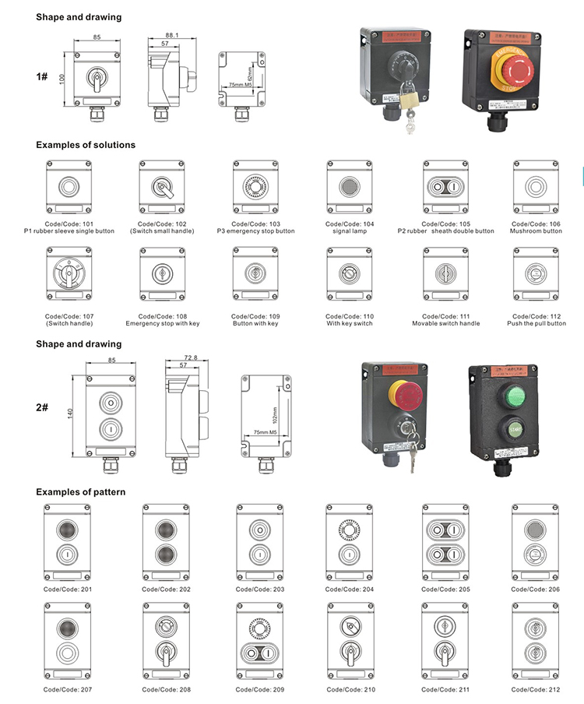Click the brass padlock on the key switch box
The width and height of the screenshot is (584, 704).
coord(406,99)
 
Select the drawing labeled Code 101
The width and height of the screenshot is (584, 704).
coord(68,187)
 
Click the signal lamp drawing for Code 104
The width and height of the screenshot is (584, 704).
coord(347,187)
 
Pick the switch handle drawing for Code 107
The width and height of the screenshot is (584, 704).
coord(68,275)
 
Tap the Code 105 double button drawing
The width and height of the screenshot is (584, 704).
coord(445,187)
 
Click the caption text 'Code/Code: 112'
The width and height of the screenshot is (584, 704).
coord(536,316)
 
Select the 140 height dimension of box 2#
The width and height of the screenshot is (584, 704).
coord(70,414)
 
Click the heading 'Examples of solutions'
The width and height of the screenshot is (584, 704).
coord(86,145)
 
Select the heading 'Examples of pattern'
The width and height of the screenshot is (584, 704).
coord(81,492)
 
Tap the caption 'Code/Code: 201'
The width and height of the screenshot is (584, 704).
coord(67,590)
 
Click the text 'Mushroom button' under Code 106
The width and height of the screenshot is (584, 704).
coord(536,231)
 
